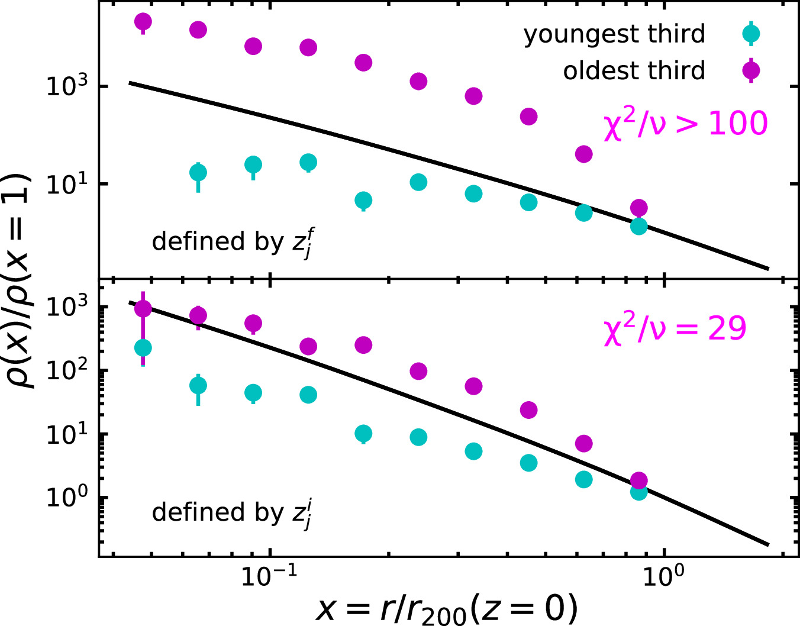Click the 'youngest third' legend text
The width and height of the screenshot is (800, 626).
614,34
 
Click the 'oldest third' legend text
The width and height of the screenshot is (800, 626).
634,71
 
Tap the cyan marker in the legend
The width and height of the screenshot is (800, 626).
751,34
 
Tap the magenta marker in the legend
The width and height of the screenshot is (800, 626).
751,71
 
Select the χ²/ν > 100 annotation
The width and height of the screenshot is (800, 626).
685,124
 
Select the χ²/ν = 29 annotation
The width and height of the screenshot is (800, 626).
675,329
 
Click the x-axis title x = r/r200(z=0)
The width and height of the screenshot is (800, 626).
447,608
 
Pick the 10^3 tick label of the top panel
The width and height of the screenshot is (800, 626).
66,86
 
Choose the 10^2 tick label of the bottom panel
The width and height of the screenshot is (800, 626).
66,370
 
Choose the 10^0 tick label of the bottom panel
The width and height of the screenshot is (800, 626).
66,498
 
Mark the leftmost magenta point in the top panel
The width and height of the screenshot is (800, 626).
143,22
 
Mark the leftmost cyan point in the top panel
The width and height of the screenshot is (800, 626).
198,173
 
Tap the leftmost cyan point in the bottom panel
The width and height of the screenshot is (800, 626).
143,347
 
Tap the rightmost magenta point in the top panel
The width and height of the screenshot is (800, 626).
638,208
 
